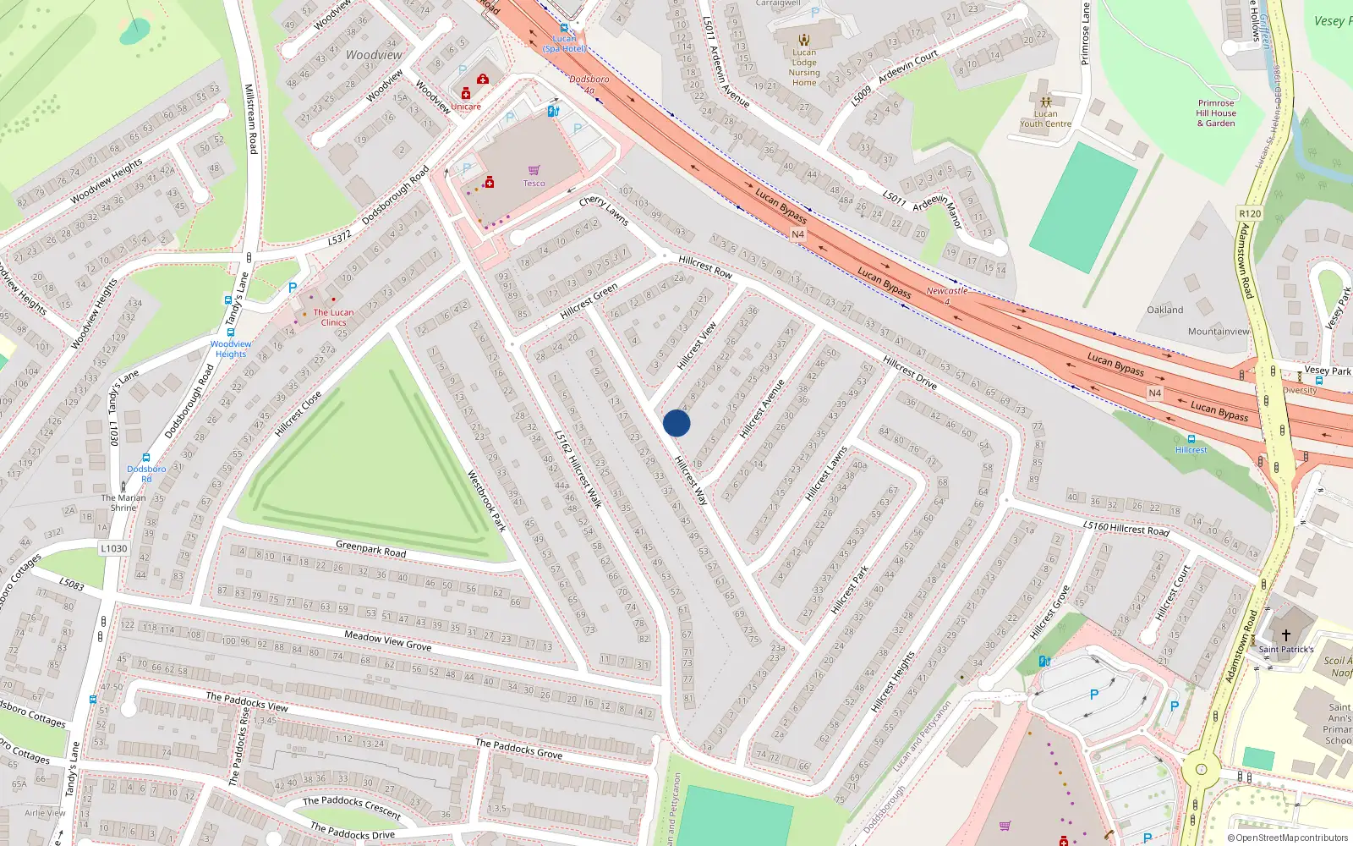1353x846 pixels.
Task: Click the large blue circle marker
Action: [676, 423]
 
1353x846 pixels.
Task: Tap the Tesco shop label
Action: [534, 183]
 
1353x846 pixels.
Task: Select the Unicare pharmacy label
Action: [465, 107]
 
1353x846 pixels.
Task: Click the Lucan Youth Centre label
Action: [1045, 118]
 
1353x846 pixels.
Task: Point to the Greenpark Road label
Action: [370, 549]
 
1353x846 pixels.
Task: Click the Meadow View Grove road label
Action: [387, 640]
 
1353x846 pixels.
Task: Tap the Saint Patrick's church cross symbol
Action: [1286, 634]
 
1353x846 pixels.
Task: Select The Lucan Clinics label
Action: [333, 317]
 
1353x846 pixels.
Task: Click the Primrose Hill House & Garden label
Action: [1215, 113]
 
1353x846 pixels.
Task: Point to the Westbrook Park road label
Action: [487, 501]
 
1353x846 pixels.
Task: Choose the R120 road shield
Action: [1250, 213]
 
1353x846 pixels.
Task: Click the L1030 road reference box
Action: [114, 548]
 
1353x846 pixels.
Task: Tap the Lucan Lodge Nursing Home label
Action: [804, 68]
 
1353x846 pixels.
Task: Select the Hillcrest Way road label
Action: [691, 481]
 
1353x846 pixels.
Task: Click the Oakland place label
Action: [1164, 310]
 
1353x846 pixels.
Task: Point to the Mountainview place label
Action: [1219, 332]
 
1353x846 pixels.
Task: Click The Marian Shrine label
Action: [123, 503]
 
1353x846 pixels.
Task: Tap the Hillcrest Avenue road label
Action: [762, 409]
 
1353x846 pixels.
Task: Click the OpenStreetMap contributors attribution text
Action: [1291, 838]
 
